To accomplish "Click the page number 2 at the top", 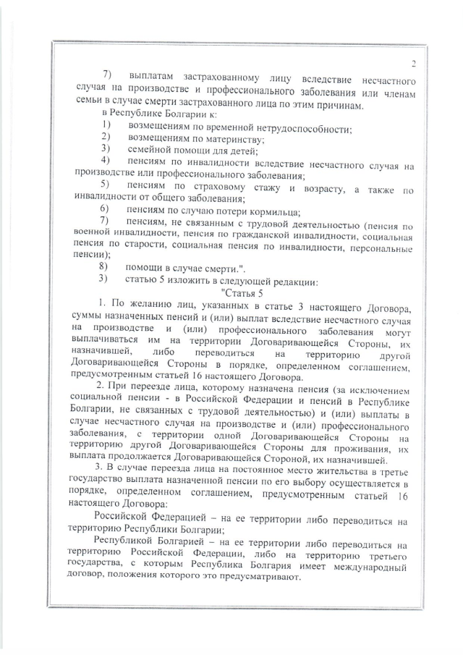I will (412, 64).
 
